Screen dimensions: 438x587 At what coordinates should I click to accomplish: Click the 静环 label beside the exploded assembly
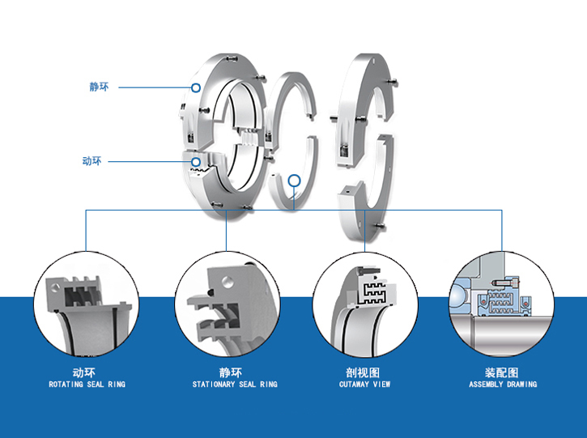[99, 86]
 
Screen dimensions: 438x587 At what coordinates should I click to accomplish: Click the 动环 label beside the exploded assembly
[92, 161]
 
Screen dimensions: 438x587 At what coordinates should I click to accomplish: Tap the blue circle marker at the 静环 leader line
[195, 87]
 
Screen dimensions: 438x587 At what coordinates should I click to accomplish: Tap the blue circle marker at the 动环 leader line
[196, 162]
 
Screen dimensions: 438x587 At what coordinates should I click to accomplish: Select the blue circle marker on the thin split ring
[294, 181]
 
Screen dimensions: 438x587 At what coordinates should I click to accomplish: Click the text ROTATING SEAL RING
[87, 385]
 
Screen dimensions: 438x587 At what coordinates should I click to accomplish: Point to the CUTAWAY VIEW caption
[364, 385]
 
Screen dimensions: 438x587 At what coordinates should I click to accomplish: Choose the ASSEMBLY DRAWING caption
[503, 385]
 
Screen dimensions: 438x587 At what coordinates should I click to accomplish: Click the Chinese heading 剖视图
[364, 372]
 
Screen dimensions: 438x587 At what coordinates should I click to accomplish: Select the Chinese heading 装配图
[502, 372]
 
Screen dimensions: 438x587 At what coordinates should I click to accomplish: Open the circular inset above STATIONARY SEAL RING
[227, 304]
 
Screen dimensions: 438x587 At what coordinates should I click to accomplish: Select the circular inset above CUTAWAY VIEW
[364, 304]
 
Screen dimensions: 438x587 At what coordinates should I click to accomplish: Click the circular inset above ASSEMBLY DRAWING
[502, 304]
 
